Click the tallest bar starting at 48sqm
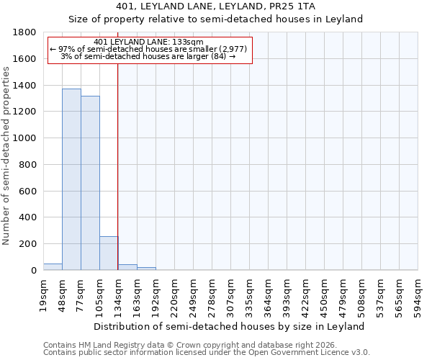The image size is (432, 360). (71, 179)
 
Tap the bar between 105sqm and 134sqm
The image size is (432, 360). (109, 253)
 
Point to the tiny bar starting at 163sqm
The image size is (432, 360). (146, 269)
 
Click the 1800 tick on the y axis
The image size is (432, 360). (25, 32)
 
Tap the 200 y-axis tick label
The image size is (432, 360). (28, 244)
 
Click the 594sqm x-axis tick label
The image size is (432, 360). (418, 294)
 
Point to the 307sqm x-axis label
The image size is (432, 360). (231, 294)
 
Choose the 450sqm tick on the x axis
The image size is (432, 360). (325, 294)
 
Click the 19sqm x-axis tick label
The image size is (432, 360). (44, 294)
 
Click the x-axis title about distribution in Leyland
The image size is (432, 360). (230, 326)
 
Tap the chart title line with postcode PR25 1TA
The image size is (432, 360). (215, 6)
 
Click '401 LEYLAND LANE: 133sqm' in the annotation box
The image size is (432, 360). (149, 42)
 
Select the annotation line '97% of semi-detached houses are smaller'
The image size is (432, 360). (149, 49)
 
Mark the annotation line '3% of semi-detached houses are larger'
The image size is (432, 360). (149, 56)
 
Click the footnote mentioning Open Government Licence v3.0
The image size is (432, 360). (207, 353)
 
